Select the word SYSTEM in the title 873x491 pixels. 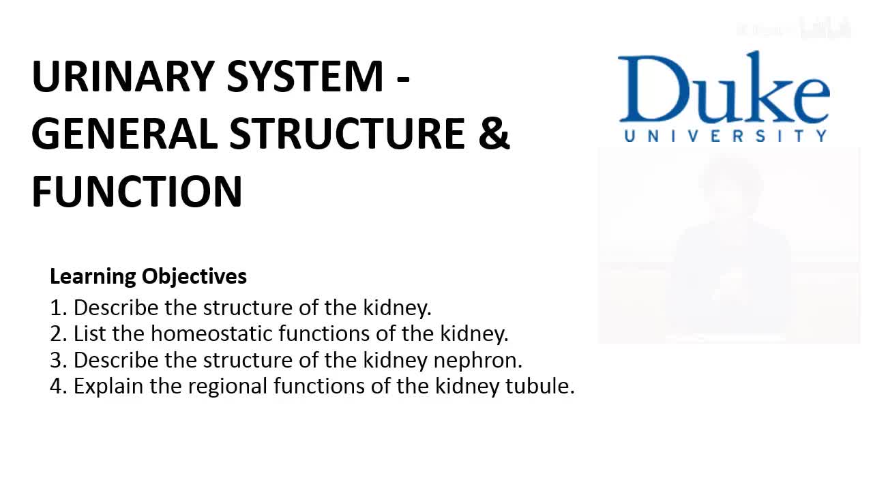click(306, 76)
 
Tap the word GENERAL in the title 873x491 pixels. click(125, 134)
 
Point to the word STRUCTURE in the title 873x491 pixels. click(347, 134)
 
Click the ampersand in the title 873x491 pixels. click(494, 134)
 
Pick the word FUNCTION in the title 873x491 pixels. click(137, 192)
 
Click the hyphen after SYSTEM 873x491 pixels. click(402, 78)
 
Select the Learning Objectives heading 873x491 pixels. click(148, 277)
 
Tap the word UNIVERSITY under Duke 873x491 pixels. click(725, 136)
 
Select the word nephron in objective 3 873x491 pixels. click(478, 361)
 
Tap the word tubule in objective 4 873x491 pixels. click(539, 386)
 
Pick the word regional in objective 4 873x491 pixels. click(228, 387)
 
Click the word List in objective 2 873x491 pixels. click(89, 334)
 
